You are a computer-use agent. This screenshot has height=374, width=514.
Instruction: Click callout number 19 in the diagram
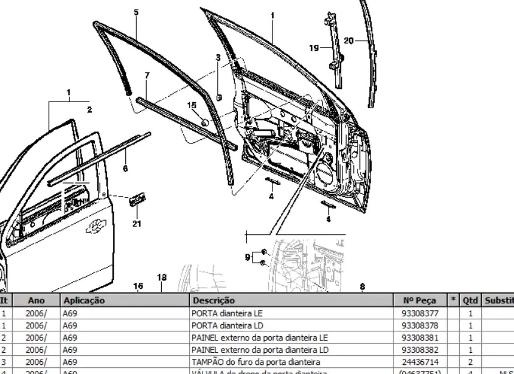tap(313, 48)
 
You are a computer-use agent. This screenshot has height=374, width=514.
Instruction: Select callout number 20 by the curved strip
tap(349, 41)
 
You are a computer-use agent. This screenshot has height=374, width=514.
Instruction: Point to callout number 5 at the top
tap(136, 12)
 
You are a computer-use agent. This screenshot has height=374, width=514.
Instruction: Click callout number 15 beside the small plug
tap(192, 105)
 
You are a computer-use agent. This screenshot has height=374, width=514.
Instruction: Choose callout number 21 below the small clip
tap(137, 224)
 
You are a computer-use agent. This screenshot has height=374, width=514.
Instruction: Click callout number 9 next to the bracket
tap(248, 257)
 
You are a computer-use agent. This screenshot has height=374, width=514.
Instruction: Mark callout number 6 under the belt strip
tap(125, 168)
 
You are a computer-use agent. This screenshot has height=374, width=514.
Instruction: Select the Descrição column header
tap(214, 300)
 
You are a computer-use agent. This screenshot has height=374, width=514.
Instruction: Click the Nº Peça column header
tap(419, 300)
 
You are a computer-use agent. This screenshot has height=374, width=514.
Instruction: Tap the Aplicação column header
tap(84, 300)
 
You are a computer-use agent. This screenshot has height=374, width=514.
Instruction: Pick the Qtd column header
tap(470, 300)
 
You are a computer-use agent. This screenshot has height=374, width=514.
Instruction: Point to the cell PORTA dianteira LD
tap(227, 325)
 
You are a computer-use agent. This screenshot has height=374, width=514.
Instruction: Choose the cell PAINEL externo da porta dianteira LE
tap(259, 338)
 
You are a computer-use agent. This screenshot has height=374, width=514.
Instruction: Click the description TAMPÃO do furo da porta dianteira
tap(255, 362)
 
